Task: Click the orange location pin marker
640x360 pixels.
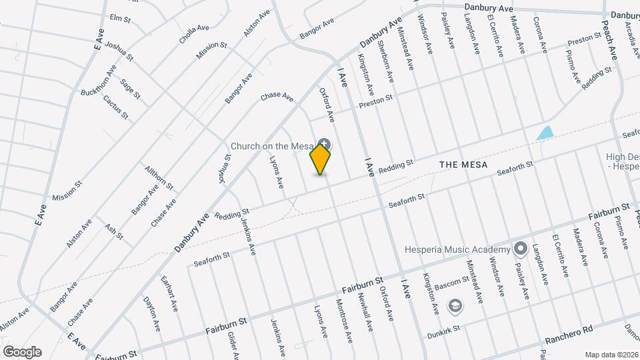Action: point(321,159)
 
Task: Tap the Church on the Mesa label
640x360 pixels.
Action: point(272,147)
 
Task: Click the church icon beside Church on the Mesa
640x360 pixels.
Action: point(324,143)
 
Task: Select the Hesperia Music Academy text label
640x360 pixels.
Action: point(457,249)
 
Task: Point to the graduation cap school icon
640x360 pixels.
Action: point(455,306)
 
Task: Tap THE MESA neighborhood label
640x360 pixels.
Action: point(463,164)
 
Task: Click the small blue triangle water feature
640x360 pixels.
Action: point(545,133)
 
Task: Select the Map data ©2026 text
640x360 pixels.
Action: point(611,354)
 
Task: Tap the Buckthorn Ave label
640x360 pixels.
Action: point(99,79)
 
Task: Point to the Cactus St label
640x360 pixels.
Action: point(115,107)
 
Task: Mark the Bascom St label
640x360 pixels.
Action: point(453,283)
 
